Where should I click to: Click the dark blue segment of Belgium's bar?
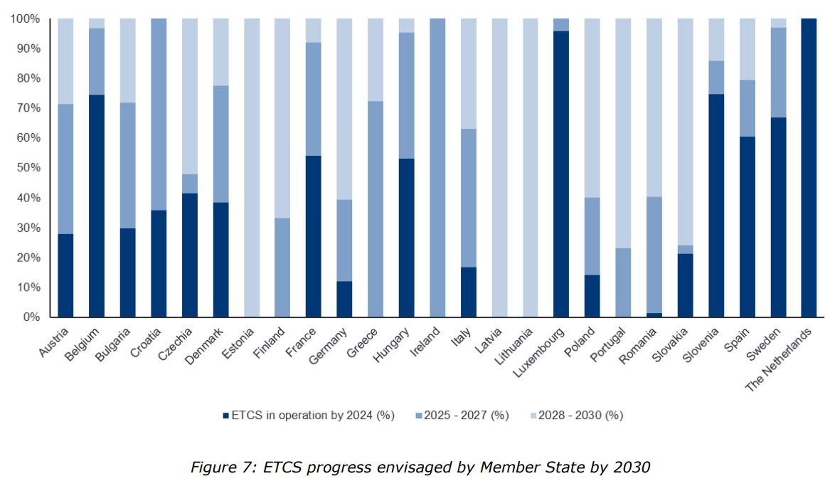pos(97,206)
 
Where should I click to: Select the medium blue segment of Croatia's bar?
pos(159,114)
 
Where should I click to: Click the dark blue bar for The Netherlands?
pos(809,168)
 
